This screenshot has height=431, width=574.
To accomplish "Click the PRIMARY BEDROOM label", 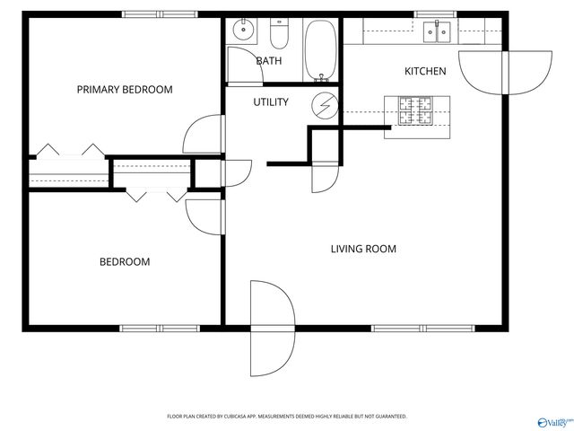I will (x=125, y=90).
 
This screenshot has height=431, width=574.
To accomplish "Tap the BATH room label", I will (x=269, y=61).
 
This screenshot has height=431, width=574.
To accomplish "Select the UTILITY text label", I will (x=270, y=102).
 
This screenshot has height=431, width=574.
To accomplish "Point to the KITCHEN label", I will (x=425, y=72).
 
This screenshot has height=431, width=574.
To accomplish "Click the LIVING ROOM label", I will (x=363, y=249).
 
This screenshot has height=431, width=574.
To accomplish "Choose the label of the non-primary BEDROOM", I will (x=125, y=262).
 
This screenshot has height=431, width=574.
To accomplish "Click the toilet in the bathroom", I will (x=278, y=33).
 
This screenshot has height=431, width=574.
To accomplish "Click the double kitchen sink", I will (x=439, y=33).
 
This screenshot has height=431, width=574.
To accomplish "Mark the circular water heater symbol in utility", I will (x=324, y=105).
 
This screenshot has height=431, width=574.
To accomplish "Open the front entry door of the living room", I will (x=272, y=329).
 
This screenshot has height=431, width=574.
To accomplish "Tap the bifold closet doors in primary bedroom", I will (x=69, y=149).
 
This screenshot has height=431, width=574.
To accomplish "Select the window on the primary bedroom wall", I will (x=148, y=14).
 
